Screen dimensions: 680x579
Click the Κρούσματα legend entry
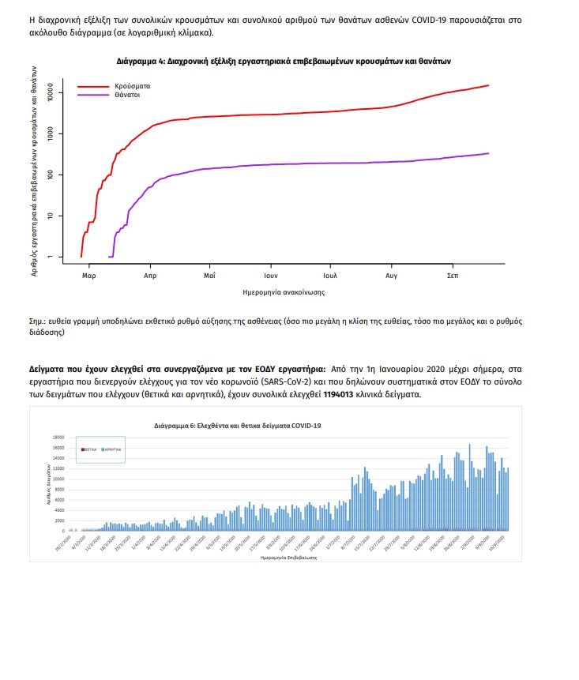[131, 85]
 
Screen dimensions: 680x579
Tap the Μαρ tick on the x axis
[89, 276]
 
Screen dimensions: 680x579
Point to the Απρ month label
[150, 276]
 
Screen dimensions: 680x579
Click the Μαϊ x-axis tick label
[210, 276]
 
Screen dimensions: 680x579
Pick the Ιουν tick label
[270, 276]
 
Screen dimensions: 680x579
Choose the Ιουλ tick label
[330, 276]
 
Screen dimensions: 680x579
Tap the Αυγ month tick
[392, 276]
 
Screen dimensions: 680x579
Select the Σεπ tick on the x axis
[453, 276]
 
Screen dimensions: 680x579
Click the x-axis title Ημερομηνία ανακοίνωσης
[284, 292]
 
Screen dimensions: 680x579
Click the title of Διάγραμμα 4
[284, 60]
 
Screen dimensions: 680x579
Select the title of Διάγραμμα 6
[237, 426]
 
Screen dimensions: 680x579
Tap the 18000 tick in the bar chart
[57, 437]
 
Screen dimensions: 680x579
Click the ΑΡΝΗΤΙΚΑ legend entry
[112, 449]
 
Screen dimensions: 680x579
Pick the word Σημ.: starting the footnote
[37, 321]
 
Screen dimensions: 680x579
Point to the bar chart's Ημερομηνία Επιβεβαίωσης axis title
[288, 557]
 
